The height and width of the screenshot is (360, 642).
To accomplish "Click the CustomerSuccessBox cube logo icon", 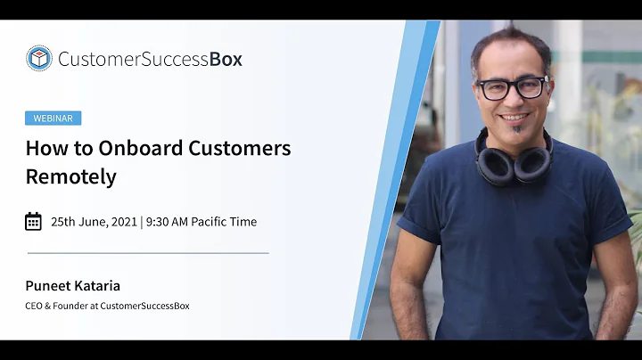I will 38,59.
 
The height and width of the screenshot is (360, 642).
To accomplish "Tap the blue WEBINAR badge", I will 53,118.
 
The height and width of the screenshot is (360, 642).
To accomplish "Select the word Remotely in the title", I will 70,176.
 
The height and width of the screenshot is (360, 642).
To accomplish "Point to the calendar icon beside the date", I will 33,221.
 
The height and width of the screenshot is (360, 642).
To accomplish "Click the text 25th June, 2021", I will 92,222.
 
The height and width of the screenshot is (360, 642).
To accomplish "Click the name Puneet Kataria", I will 72,286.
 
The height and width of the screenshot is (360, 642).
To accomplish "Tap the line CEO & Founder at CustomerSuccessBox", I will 107,306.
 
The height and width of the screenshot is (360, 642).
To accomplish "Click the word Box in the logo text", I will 226,60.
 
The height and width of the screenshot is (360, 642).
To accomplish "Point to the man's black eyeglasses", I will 512,87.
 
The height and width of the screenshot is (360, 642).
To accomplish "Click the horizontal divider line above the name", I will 147,253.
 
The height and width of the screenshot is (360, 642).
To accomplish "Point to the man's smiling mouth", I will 514,117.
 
